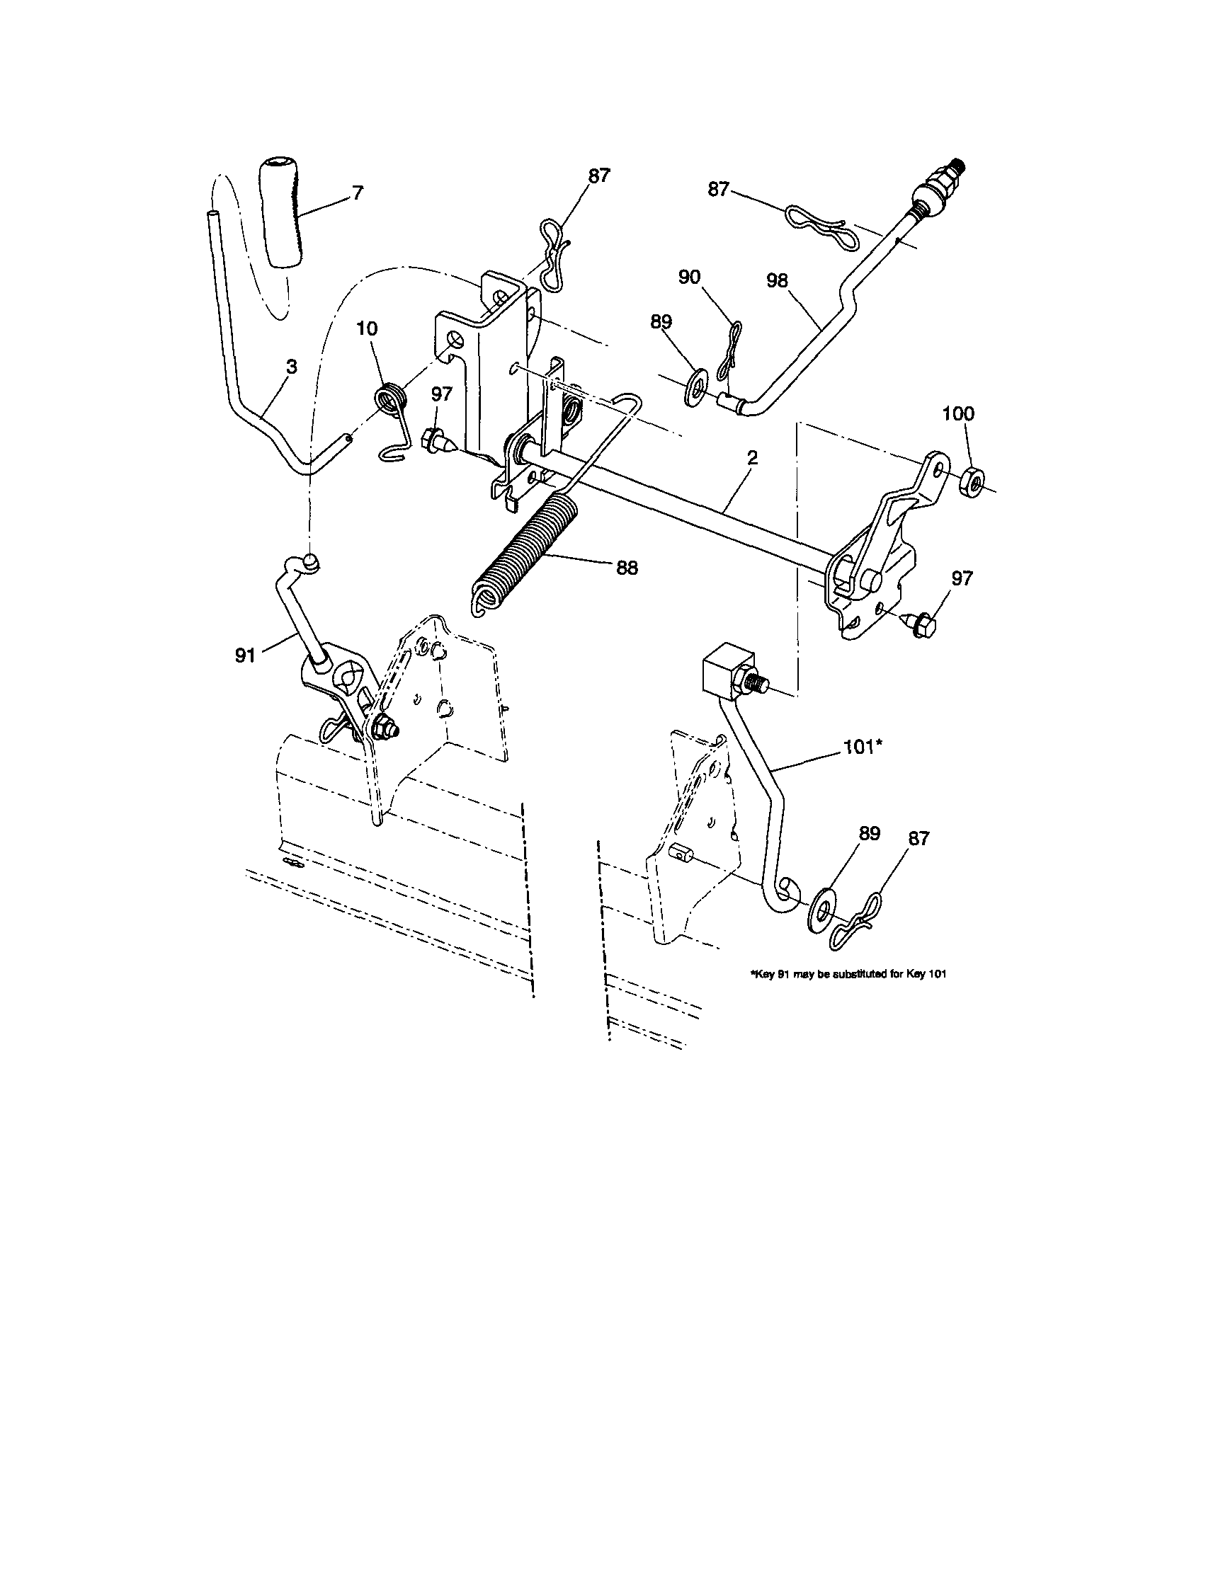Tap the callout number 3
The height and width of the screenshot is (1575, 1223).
coord(291,367)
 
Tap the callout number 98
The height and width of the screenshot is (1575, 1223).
coord(778,280)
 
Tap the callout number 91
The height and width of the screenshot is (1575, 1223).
coord(245,655)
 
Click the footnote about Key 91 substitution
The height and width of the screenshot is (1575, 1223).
coord(848,974)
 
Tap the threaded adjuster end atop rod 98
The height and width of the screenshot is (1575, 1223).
coord(940,192)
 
